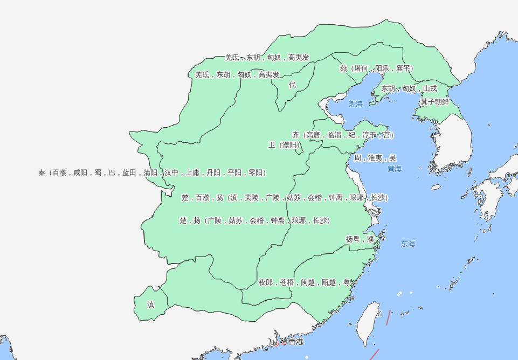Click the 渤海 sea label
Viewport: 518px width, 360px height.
(356, 104)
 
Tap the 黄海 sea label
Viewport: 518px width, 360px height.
(395, 169)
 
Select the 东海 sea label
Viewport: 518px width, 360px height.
(408, 244)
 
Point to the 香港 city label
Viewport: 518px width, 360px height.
(295, 342)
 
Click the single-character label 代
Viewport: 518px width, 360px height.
(292, 85)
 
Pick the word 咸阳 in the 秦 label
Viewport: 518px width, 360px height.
(84, 173)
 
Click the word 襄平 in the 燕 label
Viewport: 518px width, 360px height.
(404, 68)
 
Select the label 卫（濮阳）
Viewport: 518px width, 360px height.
(284, 145)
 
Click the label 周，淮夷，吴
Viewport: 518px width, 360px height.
(375, 158)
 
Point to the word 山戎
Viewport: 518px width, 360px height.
(430, 88)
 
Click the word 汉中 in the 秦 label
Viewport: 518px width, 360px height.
(171, 173)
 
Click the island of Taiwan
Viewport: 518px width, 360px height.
(369, 323)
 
